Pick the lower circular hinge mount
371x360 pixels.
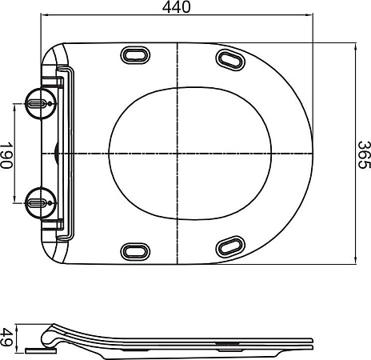pos(38,203)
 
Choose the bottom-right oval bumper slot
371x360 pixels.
pos(231,245)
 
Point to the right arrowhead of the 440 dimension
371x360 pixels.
pos(309,16)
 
